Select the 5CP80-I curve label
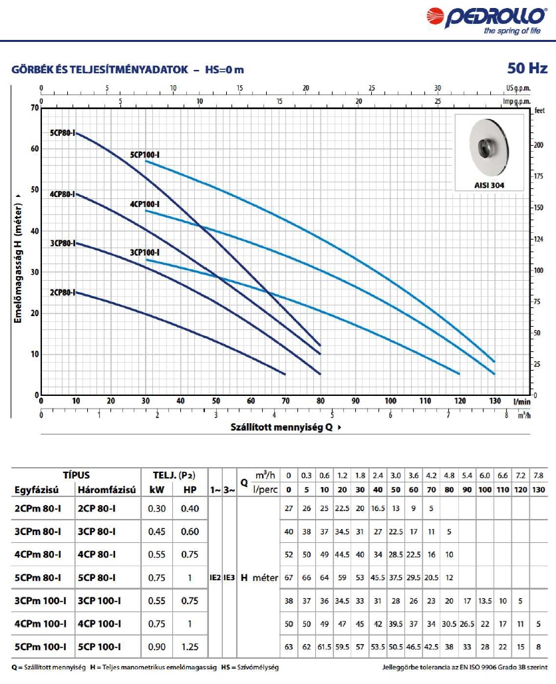coord(63,133)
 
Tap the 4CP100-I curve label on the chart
coord(145,204)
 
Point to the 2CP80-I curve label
coord(63,292)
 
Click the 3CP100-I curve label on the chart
coord(145,253)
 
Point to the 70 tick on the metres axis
coord(35,108)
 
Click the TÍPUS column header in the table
coord(76,476)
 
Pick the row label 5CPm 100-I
coord(41,646)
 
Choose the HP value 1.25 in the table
coord(190,646)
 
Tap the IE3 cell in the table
coord(229,578)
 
